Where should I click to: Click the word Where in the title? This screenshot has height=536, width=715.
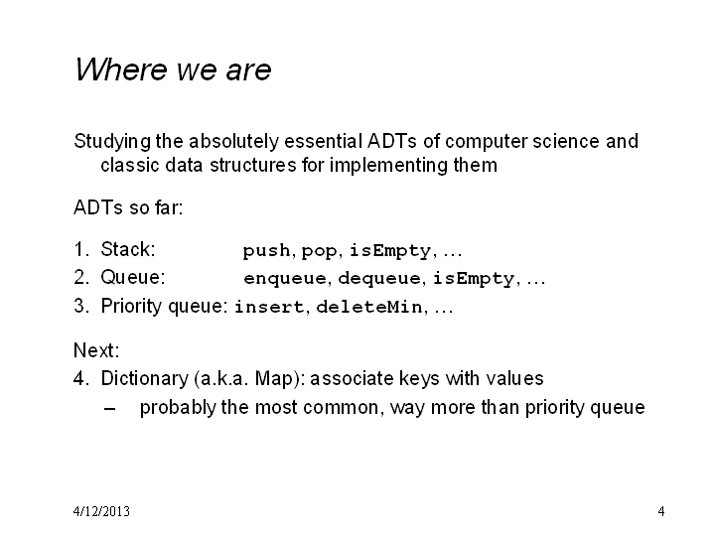click(x=121, y=69)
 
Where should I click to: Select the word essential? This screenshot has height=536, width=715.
click(x=323, y=141)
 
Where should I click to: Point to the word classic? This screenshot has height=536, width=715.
click(x=130, y=165)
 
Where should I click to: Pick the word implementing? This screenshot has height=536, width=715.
click(x=388, y=166)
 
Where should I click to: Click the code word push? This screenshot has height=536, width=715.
click(x=266, y=251)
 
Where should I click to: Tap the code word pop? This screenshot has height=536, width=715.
click(x=319, y=251)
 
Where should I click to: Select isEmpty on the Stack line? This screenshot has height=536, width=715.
click(x=390, y=251)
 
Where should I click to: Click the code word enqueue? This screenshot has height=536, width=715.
click(x=285, y=279)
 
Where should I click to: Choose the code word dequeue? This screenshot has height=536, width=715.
click(x=379, y=279)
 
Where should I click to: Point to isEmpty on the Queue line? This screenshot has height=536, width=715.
click(x=474, y=279)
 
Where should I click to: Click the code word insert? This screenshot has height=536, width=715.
click(x=269, y=307)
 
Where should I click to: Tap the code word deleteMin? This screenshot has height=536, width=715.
click(x=368, y=307)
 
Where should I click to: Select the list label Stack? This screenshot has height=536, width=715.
click(x=128, y=250)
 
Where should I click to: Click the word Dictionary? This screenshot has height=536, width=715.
click(x=145, y=379)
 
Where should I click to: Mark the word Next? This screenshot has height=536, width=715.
click(x=96, y=350)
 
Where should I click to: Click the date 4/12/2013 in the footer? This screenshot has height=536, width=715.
click(x=101, y=511)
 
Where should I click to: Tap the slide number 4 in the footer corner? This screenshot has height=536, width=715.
click(x=661, y=511)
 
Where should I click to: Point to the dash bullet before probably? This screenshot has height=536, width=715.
click(x=109, y=408)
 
